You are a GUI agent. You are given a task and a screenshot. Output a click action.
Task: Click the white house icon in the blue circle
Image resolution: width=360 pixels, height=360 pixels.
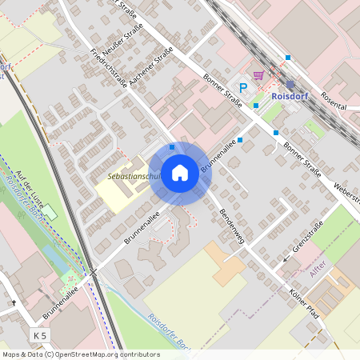coord(180,172)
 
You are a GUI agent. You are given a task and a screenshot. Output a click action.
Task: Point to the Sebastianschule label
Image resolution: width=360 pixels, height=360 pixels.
coord(133,175)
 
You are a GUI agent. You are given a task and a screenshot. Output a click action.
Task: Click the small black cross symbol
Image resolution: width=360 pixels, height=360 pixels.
coord(14,303)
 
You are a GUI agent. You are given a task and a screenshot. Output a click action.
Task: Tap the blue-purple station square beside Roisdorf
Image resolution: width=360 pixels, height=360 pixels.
coord(290,83)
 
